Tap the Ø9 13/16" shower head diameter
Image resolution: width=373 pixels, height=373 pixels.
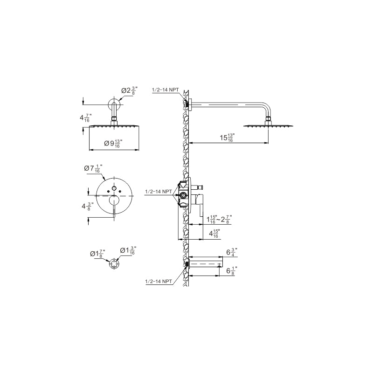[112, 144]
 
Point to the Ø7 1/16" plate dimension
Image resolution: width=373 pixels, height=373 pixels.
[93, 169]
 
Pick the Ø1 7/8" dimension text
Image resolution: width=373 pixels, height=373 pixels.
[97, 253]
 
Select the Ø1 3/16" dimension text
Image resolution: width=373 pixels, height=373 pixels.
[128, 251]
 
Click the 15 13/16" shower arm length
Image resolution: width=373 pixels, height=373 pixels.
[227, 138]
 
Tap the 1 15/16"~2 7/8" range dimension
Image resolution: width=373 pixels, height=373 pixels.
[219, 219]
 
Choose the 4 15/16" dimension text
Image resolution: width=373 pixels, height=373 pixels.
[214, 234]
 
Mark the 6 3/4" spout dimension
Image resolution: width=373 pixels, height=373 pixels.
[231, 252]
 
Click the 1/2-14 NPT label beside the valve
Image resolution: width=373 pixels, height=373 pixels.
[158, 192]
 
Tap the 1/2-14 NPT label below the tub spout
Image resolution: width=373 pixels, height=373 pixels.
[158, 282]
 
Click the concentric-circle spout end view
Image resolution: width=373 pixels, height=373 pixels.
[114, 264]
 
